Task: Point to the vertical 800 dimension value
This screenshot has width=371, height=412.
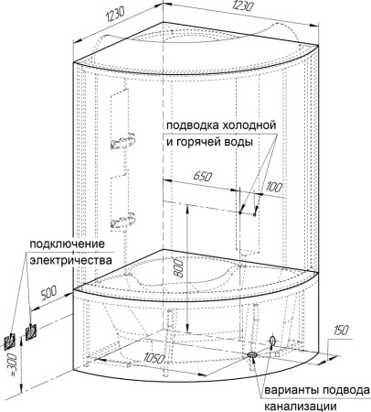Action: (180, 265)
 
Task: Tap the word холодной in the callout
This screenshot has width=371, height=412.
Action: (249, 125)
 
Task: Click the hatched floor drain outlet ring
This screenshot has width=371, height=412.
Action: (252, 352)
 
